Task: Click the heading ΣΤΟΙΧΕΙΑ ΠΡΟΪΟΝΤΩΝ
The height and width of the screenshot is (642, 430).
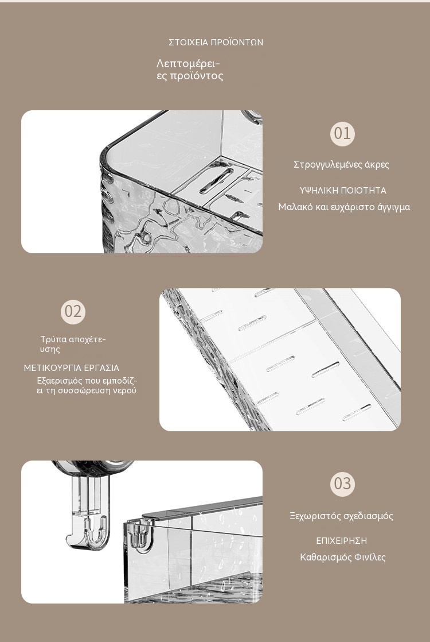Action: click(216, 42)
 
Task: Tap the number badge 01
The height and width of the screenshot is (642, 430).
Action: click(342, 134)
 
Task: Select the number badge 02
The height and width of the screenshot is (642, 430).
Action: click(73, 312)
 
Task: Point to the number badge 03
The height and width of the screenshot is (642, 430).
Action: click(342, 484)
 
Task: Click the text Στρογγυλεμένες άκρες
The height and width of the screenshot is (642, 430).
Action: click(341, 165)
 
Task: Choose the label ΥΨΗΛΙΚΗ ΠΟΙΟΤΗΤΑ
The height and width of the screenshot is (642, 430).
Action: click(343, 191)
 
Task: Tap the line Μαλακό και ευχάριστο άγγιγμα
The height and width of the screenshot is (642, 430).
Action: click(344, 207)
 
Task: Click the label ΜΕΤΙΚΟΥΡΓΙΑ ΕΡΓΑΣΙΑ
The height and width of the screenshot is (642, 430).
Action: click(72, 368)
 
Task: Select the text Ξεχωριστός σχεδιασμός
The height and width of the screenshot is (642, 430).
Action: click(341, 516)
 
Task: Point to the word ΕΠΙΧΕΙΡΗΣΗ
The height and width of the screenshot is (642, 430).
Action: click(342, 541)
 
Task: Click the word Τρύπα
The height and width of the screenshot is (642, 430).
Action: click(53, 339)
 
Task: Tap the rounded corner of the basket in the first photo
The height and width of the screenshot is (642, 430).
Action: click(107, 163)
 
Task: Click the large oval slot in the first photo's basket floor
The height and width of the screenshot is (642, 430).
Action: click(216, 180)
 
